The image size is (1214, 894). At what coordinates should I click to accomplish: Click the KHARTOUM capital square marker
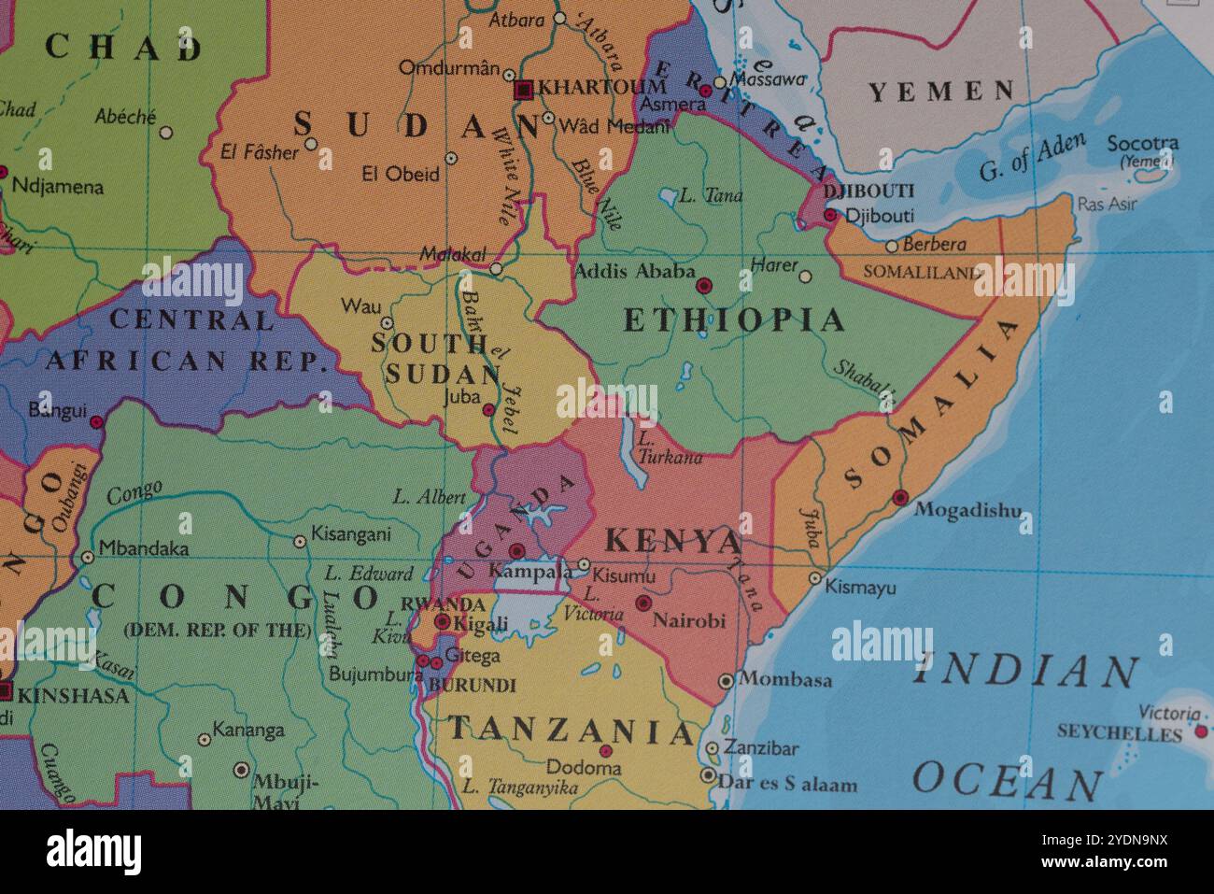click(524, 90)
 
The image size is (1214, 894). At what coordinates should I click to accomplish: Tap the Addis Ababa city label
click(635, 272)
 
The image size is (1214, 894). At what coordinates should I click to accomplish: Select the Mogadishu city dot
click(900, 498)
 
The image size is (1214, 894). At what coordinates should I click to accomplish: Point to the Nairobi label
click(688, 620)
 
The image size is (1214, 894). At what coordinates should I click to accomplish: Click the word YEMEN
click(941, 92)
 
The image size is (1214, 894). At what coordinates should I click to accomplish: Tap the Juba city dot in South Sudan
click(487, 410)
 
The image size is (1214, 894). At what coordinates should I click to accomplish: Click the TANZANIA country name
click(572, 730)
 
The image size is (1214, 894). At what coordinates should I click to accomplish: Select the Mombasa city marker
click(726, 681)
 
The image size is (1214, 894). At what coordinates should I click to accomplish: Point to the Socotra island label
click(1142, 144)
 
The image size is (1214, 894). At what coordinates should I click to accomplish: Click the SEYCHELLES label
click(1119, 733)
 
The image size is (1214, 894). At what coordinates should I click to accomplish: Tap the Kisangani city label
click(351, 535)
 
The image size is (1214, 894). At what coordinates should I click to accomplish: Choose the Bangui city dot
click(96, 422)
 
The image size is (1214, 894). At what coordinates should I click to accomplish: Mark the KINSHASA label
click(73, 695)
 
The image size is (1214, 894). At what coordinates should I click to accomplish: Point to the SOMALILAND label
click(922, 273)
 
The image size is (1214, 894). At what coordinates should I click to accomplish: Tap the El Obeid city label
click(400, 174)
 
